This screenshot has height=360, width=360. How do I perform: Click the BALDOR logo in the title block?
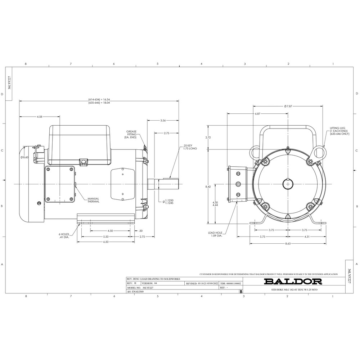[291, 281]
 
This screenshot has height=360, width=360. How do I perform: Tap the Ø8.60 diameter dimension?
[24, 157]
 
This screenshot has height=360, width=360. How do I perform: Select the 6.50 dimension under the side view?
[106, 242]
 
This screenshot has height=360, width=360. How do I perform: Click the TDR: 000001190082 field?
[230, 284]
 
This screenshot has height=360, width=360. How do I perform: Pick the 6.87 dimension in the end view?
[257, 113]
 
